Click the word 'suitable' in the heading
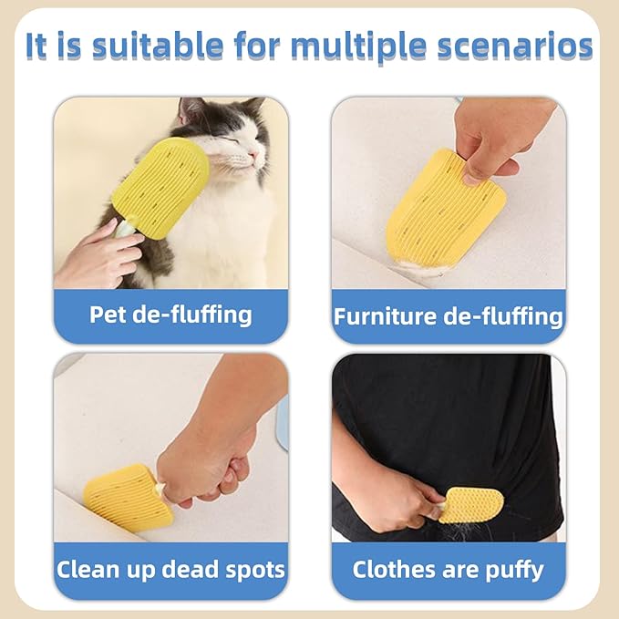coord(158,46)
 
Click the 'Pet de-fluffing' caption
coord(170,315)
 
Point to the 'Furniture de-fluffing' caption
coord(449,316)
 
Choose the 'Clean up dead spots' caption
coord(170,569)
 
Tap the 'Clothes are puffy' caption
coord(448,570)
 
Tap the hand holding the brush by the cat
coord(98,254)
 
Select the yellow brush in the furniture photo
coord(445,210)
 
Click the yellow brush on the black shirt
coord(469,505)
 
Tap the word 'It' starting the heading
coord(36,46)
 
